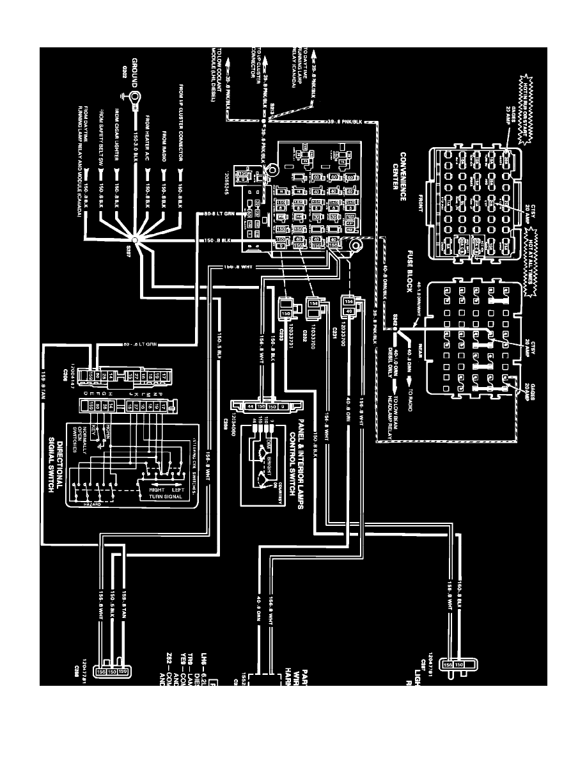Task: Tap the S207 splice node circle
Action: tap(135, 241)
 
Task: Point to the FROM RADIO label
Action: tap(164, 143)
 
